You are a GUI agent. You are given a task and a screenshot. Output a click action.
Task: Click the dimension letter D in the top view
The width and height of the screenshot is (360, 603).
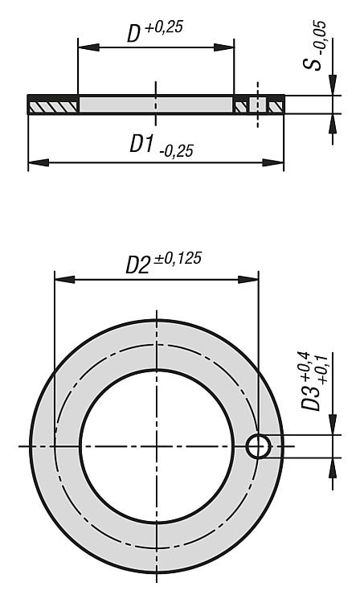[x=133, y=34]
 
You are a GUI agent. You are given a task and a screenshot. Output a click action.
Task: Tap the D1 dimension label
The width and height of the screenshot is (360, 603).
[x=141, y=144]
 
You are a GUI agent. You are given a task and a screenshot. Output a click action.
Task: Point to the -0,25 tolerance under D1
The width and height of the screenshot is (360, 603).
[x=176, y=151]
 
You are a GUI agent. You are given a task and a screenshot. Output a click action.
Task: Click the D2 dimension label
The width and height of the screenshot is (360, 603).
[x=137, y=265]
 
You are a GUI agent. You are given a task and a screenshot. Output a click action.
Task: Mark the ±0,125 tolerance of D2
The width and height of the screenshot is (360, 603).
[x=178, y=259]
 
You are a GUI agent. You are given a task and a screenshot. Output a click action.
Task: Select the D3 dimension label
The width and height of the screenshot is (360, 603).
[x=310, y=397]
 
